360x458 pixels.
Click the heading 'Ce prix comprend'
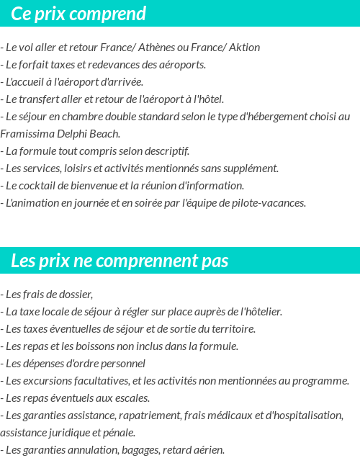point(78,14)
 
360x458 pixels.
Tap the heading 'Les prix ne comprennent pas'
point(120,261)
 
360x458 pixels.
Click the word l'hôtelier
point(260,312)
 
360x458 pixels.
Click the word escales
point(132,398)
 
